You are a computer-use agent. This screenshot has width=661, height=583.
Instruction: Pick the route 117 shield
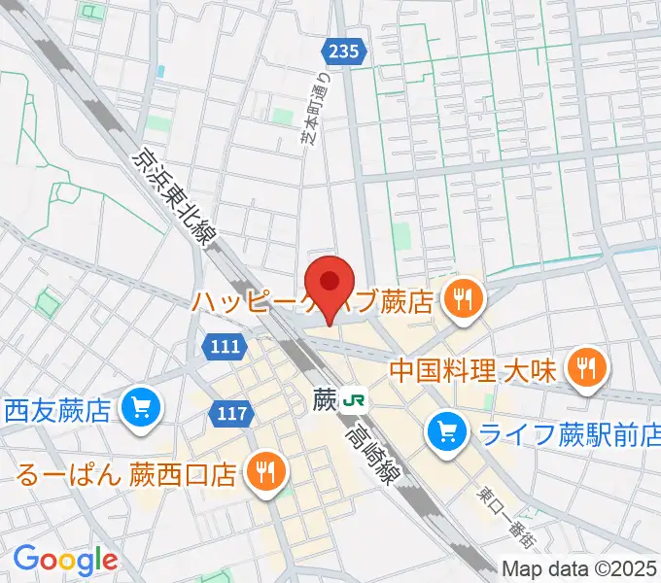pos(230,414)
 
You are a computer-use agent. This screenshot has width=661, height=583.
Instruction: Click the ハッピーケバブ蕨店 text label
pos(311,302)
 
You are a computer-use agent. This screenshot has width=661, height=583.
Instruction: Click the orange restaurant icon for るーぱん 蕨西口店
pos(264,472)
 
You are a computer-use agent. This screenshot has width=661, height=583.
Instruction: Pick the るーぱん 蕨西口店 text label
pos(126,474)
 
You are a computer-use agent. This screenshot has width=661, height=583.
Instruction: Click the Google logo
pos(65,559)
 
